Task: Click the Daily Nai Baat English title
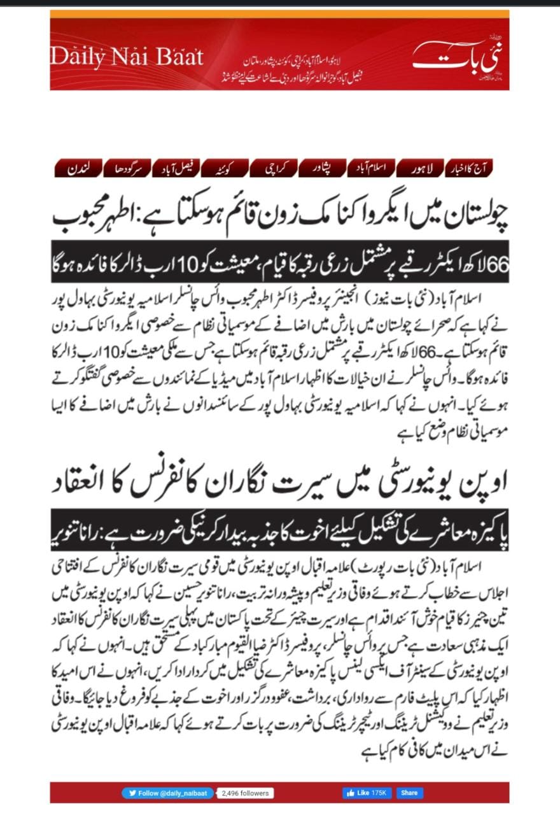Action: point(127,57)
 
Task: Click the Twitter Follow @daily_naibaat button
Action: point(168,793)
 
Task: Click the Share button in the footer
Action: point(410,793)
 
